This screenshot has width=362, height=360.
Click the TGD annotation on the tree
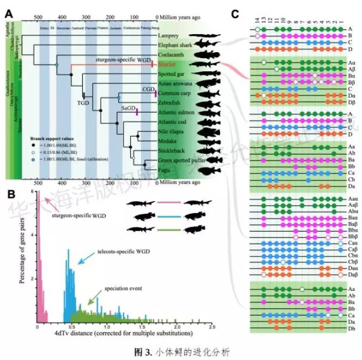(x=83, y=102)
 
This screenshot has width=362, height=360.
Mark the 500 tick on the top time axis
(x=38, y=17)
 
